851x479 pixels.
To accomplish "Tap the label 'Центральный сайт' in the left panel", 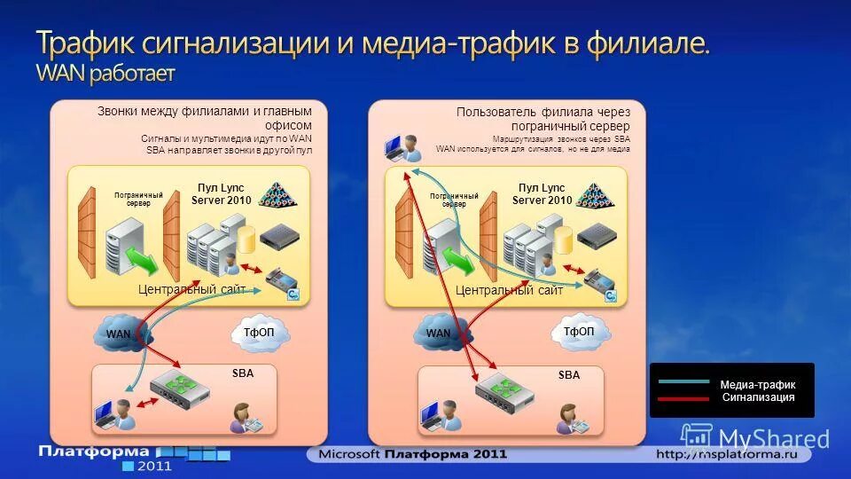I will tap(191, 289).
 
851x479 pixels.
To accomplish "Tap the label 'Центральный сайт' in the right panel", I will tap(509, 290).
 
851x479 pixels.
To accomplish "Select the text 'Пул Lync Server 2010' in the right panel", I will tap(542, 193).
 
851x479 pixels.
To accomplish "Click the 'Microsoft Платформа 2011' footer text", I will tap(408, 454).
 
